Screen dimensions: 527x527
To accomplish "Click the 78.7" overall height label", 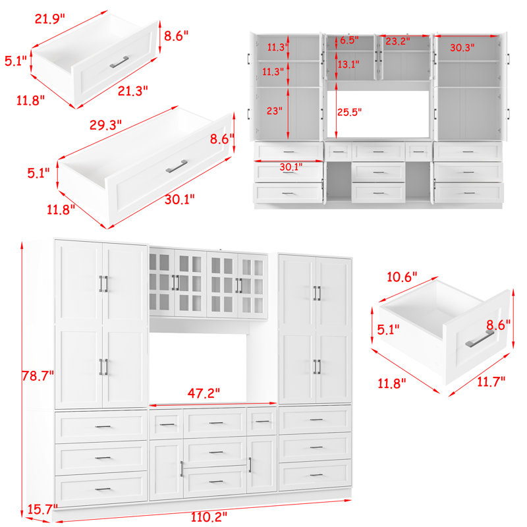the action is coord(38,375).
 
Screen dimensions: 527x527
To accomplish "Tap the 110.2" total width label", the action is coord(209,516).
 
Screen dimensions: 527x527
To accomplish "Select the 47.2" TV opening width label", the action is coord(204,393).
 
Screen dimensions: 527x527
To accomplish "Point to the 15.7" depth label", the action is coord(42,509).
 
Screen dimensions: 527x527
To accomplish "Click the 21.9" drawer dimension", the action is coord(49,19).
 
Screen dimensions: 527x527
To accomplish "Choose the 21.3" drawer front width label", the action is coord(133,91).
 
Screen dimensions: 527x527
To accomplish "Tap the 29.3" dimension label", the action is coord(105,125).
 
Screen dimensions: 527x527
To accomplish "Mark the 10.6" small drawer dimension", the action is coord(402,277).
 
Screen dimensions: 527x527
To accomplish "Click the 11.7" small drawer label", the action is coord(491,381).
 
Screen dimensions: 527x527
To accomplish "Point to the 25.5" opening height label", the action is coord(350,112).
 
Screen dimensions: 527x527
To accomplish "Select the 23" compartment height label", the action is coord(275,111).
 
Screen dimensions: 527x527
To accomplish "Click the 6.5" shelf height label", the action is coord(349,40).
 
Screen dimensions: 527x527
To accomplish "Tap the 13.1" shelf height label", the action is coord(348,64).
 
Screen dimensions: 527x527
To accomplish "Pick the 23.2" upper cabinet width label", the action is coord(398,42).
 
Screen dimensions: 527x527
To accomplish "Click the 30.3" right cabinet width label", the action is coord(462,47).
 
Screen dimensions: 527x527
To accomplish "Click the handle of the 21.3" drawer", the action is coord(119,62).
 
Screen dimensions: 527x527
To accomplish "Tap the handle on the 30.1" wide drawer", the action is coord(177,166).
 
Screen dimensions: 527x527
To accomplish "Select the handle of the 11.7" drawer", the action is coord(480,339).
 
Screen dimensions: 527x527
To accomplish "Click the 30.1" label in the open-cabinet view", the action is coord(291,167).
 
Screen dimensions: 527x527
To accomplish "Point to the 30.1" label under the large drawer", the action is coord(179,200).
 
